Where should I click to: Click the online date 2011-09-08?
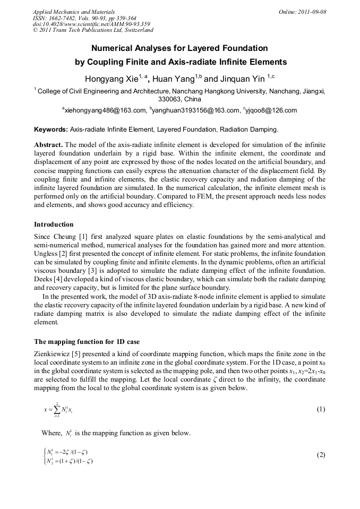312,11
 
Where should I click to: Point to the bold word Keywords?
51,130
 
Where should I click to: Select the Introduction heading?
54,224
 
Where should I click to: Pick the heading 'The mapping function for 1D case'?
87,342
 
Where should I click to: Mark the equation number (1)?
321,409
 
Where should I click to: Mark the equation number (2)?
321,455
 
